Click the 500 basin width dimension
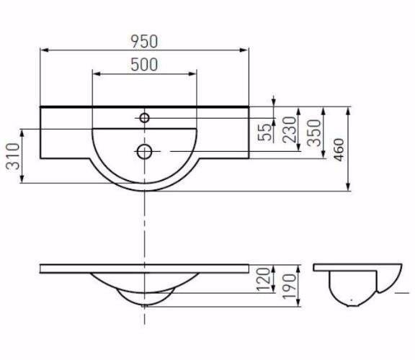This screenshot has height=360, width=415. [x=145, y=64]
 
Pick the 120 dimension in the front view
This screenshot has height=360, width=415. [x=264, y=277]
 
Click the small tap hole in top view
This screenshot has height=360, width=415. [x=145, y=117]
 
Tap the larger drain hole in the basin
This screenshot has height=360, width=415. [x=145, y=151]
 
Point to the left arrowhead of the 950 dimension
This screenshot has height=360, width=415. [x=43, y=50]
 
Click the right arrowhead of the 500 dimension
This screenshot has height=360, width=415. [x=193, y=73]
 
